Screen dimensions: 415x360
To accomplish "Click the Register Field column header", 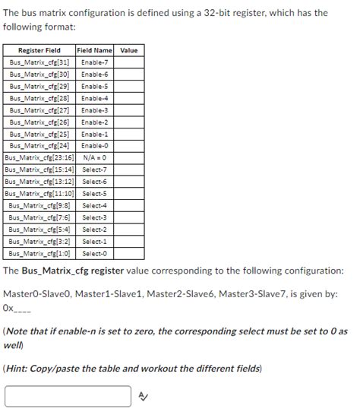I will tap(39, 50).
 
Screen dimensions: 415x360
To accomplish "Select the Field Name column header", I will tap(95, 50).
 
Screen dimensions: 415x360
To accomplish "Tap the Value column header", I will tap(129, 50).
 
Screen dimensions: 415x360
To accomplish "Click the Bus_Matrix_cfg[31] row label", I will tap(39, 62).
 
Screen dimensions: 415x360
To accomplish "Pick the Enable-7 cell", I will tap(95, 62).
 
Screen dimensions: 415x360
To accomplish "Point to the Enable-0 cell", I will tap(95, 145).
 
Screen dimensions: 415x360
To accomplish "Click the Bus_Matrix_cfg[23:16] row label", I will tap(39, 157).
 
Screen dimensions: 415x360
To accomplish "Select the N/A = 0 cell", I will tap(95, 157).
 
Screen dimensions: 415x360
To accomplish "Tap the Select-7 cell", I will tap(95, 169).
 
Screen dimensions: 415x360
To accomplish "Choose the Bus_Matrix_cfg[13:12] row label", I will tap(39, 182).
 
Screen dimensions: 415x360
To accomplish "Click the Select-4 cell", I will tap(95, 205).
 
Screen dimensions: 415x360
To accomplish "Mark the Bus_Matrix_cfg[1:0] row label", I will tap(39, 253).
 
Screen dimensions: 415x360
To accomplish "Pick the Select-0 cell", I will tap(95, 253).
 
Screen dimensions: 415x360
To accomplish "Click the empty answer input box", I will tap(68, 396).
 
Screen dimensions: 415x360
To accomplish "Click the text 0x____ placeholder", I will tap(17, 308).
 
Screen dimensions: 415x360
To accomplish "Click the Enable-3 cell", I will tap(95, 109).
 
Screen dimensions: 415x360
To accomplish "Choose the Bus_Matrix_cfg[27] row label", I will tap(39, 109).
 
